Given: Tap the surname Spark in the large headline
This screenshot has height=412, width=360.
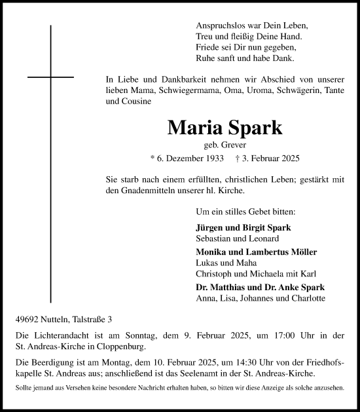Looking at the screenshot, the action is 252,127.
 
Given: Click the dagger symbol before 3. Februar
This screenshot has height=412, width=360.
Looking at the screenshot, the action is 238,159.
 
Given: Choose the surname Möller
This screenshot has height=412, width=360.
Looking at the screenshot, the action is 302,252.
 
